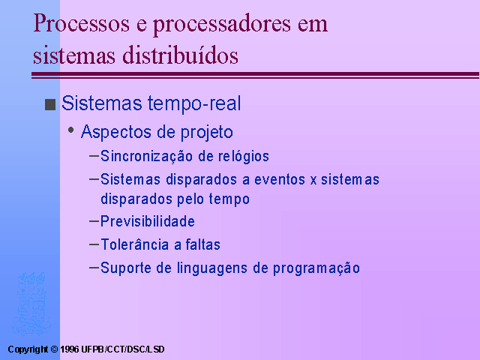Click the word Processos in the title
click(82, 23)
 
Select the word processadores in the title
click(222, 25)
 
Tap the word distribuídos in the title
click(180, 55)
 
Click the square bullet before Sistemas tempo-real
click(50, 104)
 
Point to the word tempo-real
click(194, 104)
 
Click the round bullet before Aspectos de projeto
click(71, 130)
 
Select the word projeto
click(207, 133)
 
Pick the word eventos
click(280, 180)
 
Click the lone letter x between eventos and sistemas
click(313, 181)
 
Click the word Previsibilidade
click(148, 221)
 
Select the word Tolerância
click(135, 244)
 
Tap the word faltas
click(203, 244)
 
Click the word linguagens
click(212, 268)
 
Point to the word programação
click(316, 268)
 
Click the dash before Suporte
click(94, 267)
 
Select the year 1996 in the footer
click(70, 349)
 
